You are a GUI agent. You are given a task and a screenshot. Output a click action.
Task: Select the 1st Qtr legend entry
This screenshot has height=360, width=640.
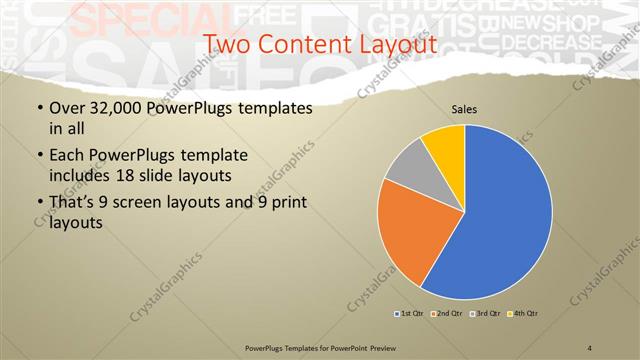(410, 314)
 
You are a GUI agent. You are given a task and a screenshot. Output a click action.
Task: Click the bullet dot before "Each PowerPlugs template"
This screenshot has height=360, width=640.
(39, 157)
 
